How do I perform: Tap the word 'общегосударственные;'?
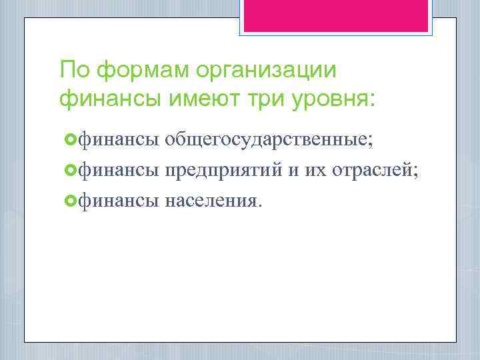269,139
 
